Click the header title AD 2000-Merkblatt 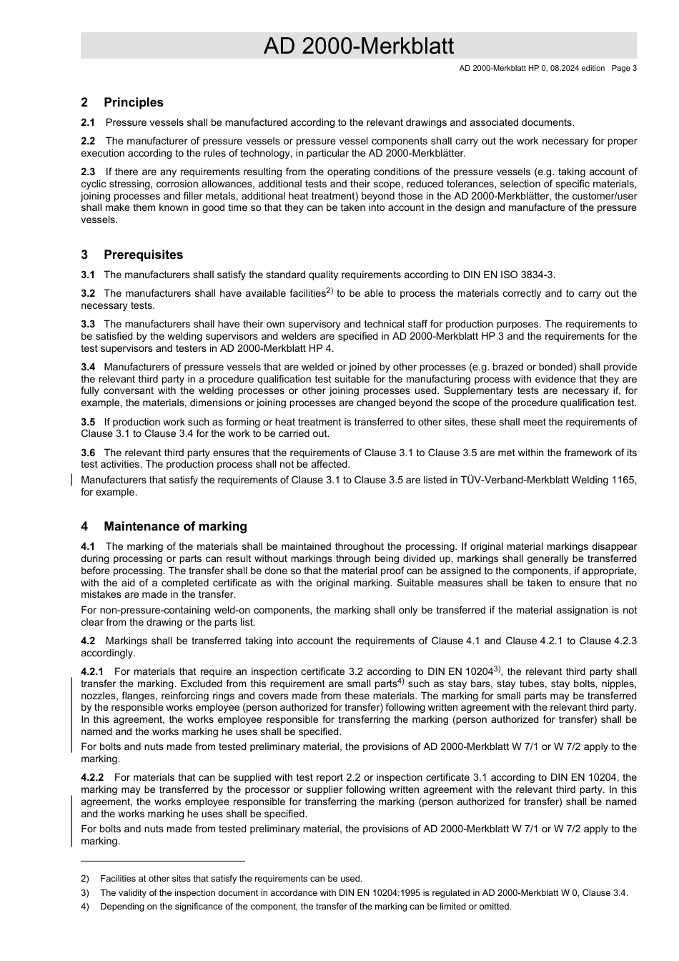click(358, 46)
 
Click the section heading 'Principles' click(133, 102)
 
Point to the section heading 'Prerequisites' click(143, 255)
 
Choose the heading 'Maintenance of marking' click(175, 526)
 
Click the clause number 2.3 click(88, 172)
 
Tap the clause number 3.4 click(88, 367)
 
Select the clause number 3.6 click(88, 453)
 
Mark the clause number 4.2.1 click(92, 671)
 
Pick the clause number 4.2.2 click(92, 777)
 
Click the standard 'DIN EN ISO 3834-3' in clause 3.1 click(510, 275)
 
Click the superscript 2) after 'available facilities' click(329, 290)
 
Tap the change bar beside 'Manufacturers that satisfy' click(72, 479)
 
